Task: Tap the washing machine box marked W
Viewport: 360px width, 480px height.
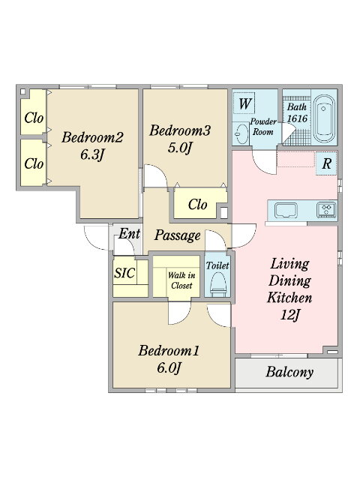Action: (x=244, y=103)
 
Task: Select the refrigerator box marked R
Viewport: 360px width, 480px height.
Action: (x=326, y=163)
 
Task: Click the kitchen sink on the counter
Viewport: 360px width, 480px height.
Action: (x=286, y=210)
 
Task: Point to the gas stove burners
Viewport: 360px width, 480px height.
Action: (x=326, y=210)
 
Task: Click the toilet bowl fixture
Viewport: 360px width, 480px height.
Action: (x=218, y=285)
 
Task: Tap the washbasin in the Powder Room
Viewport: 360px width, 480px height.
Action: (x=241, y=133)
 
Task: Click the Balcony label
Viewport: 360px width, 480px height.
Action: (x=289, y=372)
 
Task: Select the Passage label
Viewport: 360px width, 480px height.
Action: (x=177, y=235)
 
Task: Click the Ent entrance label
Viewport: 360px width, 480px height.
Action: (x=129, y=234)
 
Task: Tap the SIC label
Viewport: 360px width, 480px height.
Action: (x=124, y=272)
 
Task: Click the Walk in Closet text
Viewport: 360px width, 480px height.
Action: (x=181, y=280)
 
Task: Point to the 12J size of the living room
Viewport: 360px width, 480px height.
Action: (x=289, y=314)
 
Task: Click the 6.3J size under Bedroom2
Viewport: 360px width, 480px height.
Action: (x=92, y=154)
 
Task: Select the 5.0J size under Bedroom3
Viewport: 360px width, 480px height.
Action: (x=180, y=148)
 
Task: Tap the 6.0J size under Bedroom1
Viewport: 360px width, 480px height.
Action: (x=168, y=367)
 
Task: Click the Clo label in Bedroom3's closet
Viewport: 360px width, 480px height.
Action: (x=197, y=204)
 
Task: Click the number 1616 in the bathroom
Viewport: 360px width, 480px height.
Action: (x=297, y=118)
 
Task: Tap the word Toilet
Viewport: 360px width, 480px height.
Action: (x=217, y=265)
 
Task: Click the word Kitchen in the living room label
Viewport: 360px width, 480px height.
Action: (x=289, y=298)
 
